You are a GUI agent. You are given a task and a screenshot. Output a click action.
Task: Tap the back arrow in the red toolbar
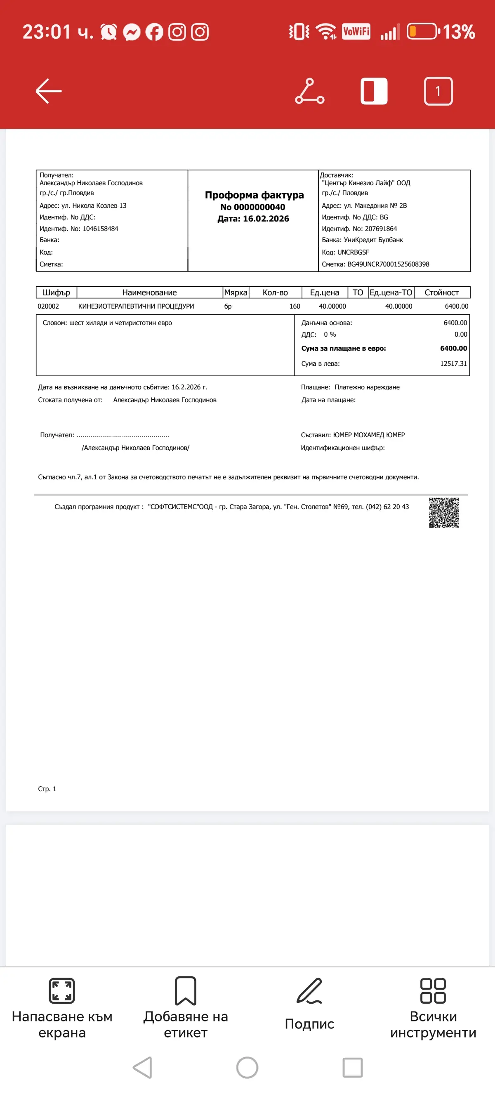pyautogui.click(x=48, y=91)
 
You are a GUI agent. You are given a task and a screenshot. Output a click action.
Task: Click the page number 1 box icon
pyautogui.click(x=438, y=91)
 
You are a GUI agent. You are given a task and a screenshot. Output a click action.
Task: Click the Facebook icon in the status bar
pyautogui.click(x=154, y=32)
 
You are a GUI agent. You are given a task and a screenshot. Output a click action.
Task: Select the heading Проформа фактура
pyautogui.click(x=254, y=195)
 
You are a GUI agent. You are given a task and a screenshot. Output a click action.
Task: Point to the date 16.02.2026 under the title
pyautogui.click(x=266, y=219)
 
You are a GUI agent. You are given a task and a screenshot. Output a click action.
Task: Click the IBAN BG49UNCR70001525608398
pyautogui.click(x=388, y=264)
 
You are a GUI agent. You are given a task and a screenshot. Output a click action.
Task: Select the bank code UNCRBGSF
pyautogui.click(x=353, y=252)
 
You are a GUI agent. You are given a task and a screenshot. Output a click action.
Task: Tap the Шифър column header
pyautogui.click(x=57, y=292)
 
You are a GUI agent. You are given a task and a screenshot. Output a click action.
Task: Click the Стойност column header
pyautogui.click(x=441, y=292)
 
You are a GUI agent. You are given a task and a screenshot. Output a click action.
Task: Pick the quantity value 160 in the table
pyautogui.click(x=295, y=306)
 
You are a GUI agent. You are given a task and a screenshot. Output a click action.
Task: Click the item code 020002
pyautogui.click(x=48, y=306)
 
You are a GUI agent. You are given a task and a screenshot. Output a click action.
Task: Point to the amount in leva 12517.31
pyautogui.click(x=453, y=363)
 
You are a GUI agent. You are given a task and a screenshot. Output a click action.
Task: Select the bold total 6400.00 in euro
pyautogui.click(x=453, y=348)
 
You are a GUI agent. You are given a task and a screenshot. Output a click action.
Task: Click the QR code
pyautogui.click(x=443, y=513)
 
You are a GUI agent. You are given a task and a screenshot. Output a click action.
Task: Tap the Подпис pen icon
pyautogui.click(x=309, y=991)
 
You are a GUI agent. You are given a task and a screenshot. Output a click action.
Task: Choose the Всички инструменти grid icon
pyautogui.click(x=433, y=991)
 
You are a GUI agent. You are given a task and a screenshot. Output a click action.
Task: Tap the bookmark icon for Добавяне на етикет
pyautogui.click(x=186, y=991)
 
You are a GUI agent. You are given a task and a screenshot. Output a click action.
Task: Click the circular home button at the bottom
pyautogui.click(x=247, y=1067)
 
